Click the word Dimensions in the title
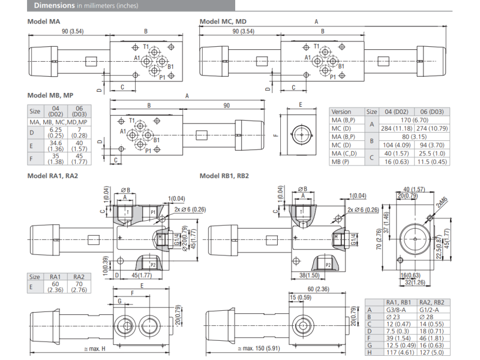pyautogui.click(x=54, y=6)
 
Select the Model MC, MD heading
pyautogui.click(x=223, y=22)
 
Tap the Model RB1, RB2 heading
pyautogui.click(x=224, y=176)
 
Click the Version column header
pyautogui.click(x=341, y=111)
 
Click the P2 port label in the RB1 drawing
pyautogui.click(x=328, y=264)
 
